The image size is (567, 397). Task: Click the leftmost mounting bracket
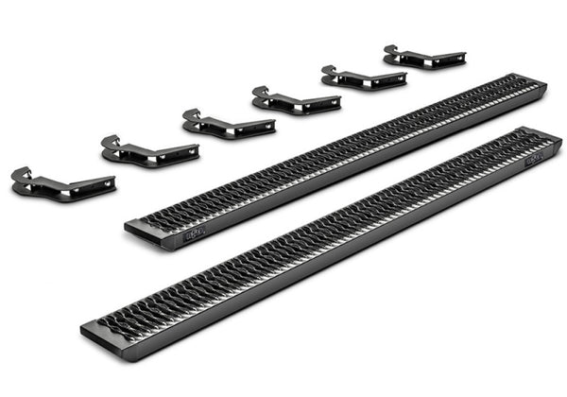point(62,183)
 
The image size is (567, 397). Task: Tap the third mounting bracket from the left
point(227,124)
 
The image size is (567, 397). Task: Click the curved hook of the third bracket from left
point(192,115)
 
